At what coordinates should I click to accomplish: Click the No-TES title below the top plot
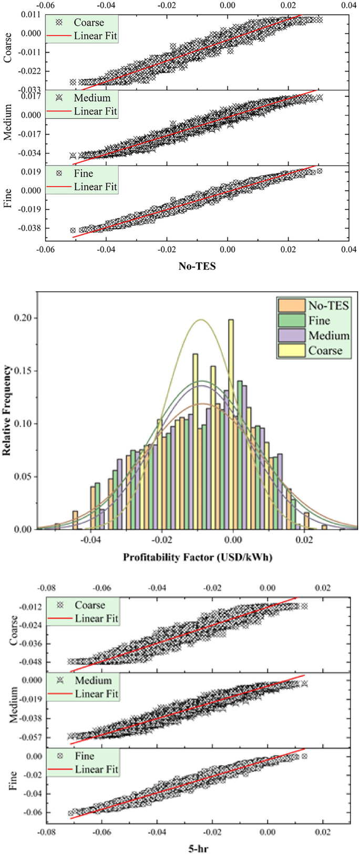click(198, 266)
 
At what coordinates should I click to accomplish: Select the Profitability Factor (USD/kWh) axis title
click(197, 556)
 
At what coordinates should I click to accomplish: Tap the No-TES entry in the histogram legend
click(328, 306)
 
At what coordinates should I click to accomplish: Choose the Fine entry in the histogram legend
click(319, 321)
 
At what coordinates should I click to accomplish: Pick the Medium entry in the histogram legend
click(328, 335)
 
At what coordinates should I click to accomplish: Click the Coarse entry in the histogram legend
click(325, 350)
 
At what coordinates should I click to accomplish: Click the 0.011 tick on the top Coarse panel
click(34, 15)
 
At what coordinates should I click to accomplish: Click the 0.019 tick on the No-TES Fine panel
click(34, 172)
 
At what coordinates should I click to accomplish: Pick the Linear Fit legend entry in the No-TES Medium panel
click(95, 111)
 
